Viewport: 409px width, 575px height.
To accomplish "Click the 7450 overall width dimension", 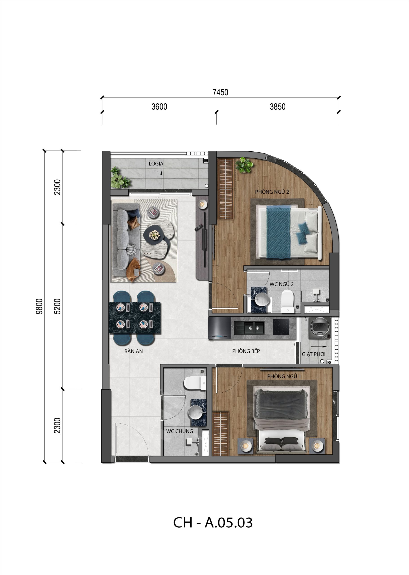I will tap(220, 93).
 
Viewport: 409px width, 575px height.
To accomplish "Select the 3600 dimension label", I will tap(159, 107).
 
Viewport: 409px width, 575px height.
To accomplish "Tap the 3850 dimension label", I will tap(277, 107).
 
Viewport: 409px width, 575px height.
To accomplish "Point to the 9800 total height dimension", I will tap(40, 306).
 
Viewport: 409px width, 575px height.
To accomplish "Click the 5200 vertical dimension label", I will tap(57, 306).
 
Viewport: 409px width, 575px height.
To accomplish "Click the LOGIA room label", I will tap(156, 164).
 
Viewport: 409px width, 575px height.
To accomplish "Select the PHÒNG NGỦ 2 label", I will tap(272, 192).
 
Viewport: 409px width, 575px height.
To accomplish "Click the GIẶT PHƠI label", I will tap(314, 354).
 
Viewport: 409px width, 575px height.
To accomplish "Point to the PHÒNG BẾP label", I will tap(246, 351).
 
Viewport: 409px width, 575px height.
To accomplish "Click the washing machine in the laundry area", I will tap(320, 329).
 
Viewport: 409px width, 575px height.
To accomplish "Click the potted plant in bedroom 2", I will tap(244, 165).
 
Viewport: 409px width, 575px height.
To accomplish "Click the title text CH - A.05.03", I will tap(213, 523).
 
